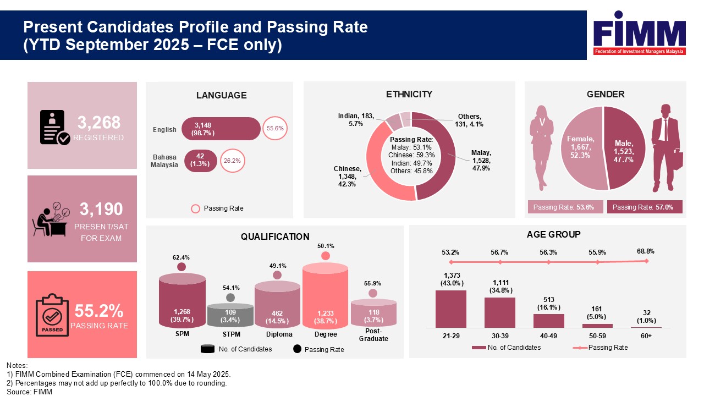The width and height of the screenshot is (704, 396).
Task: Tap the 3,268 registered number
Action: (x=99, y=122)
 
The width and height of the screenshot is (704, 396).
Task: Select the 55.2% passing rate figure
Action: (x=99, y=311)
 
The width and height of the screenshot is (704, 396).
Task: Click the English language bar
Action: (x=221, y=129)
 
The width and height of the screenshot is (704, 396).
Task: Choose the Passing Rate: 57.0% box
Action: (x=644, y=207)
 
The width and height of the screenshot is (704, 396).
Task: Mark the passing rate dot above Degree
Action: (x=326, y=256)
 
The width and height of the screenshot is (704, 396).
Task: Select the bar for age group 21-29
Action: (x=450, y=309)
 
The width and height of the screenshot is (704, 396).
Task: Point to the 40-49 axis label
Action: (x=548, y=335)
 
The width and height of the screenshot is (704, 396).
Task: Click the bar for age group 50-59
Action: (x=597, y=326)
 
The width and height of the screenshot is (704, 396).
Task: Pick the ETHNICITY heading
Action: (x=409, y=94)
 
